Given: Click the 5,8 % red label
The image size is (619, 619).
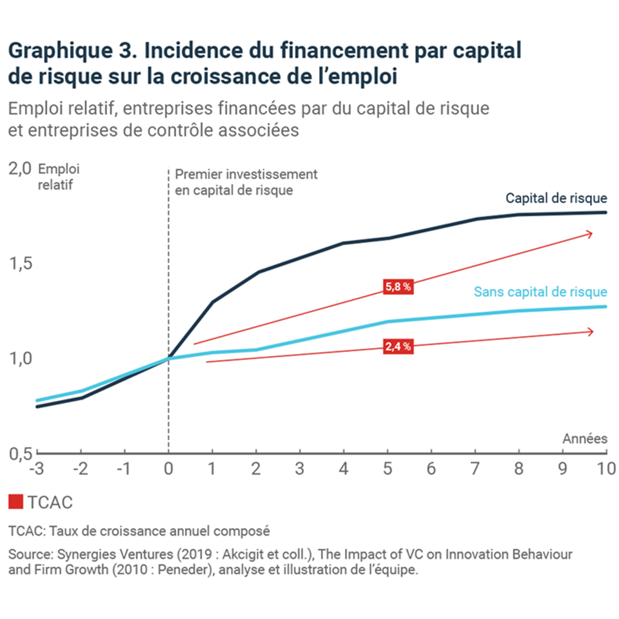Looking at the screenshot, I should [398, 287].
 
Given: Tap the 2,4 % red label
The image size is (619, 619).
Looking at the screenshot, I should [398, 346].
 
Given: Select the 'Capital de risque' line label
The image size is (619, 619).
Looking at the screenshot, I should [556, 198].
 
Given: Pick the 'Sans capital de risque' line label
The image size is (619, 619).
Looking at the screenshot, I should [540, 291].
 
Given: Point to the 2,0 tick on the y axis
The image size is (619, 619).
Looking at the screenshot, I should [19, 170].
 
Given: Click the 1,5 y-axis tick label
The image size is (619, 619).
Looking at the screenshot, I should [19, 264].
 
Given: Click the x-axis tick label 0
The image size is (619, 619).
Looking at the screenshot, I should [168, 467].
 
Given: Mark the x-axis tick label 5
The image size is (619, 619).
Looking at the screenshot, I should [388, 467].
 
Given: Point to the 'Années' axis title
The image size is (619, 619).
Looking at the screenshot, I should [585, 439].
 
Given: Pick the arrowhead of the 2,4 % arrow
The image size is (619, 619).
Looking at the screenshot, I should [590, 331].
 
